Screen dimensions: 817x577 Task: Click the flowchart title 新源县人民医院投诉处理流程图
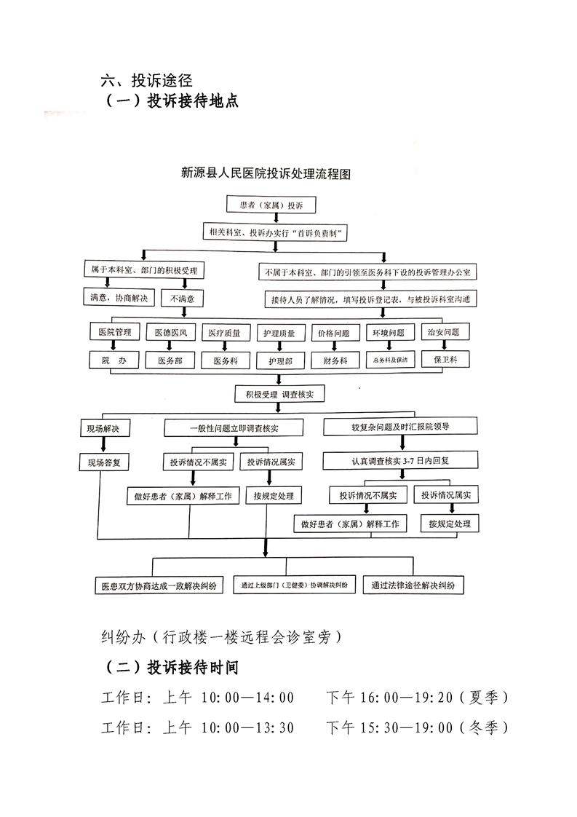point(266,175)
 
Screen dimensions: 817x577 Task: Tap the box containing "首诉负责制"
point(275,233)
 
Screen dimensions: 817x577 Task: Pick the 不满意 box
point(183,298)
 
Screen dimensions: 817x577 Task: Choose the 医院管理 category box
point(114,333)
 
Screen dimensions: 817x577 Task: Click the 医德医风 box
point(170,333)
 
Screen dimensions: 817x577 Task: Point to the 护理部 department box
point(280,360)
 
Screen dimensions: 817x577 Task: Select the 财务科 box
point(335,360)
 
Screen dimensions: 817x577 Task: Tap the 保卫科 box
point(445,360)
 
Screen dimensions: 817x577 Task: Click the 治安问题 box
point(445,333)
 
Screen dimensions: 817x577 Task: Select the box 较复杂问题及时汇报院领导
point(400,426)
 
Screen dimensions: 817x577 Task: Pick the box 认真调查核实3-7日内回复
point(400,460)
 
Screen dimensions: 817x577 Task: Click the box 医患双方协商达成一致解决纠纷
point(159,585)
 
